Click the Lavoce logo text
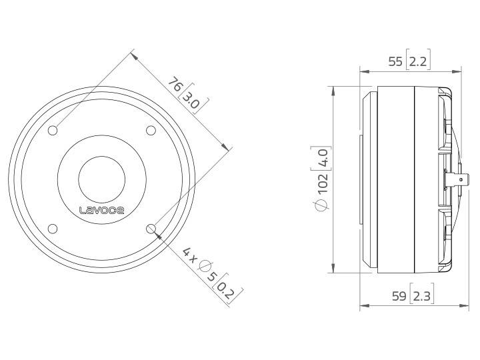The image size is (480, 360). (x=101, y=210)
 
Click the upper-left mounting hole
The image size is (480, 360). (x=53, y=130)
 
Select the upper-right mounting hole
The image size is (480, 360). (x=151, y=130)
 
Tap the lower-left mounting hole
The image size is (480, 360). (x=53, y=229)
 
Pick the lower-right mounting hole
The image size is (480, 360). (x=151, y=229)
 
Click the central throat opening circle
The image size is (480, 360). (x=102, y=179)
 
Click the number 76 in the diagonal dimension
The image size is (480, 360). (x=175, y=85)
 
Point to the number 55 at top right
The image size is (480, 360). (x=395, y=62)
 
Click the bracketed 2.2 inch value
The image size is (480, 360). (x=419, y=62)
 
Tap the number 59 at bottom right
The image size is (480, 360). (x=399, y=296)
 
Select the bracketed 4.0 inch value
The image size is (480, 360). (x=323, y=160)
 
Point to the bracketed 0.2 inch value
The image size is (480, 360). (x=227, y=287)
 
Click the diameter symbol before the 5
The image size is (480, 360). (x=203, y=267)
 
